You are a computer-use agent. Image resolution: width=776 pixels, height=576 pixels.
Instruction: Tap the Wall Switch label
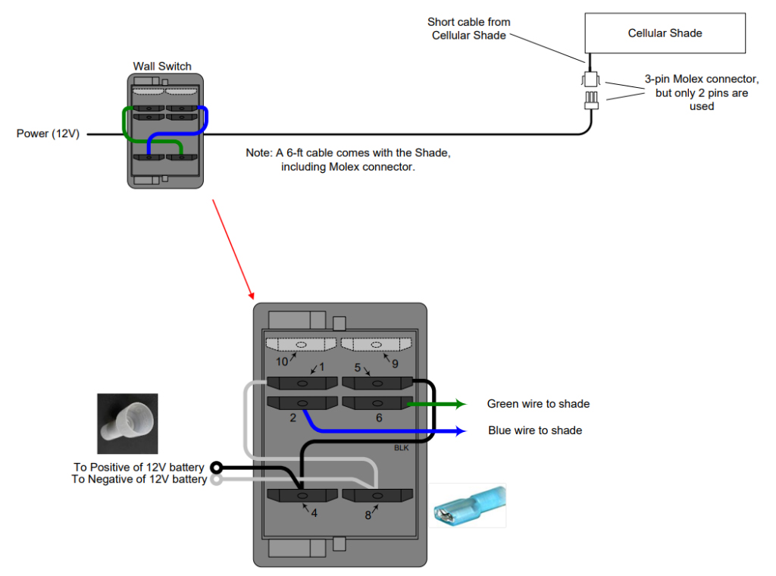pos(162,66)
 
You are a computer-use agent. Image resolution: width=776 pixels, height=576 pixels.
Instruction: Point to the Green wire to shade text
pos(538,404)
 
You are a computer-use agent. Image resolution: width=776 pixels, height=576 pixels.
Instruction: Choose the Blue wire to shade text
pos(535,430)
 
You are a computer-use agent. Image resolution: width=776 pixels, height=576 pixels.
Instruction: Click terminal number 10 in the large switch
pos(282,362)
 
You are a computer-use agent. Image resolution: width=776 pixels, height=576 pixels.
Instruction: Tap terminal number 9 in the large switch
pos(395,362)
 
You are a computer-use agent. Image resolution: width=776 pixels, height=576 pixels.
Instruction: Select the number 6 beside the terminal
pos(379,418)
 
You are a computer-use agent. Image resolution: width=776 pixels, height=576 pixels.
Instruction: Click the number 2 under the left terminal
pos(292,418)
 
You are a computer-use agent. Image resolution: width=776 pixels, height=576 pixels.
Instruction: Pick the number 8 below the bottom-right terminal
pos(368,515)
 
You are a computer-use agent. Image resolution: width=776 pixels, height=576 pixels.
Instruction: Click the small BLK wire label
pos(401,448)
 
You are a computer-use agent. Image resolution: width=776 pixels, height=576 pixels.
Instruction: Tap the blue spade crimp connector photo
pos(467,506)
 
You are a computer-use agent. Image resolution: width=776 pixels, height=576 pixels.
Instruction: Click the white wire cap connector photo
pos(127,423)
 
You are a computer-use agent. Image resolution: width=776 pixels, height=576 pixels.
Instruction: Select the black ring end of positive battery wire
pos(216,467)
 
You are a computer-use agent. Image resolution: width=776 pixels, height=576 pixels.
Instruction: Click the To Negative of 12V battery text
pos(139,480)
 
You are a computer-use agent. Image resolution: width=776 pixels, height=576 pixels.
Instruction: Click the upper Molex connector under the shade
pos(590,79)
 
